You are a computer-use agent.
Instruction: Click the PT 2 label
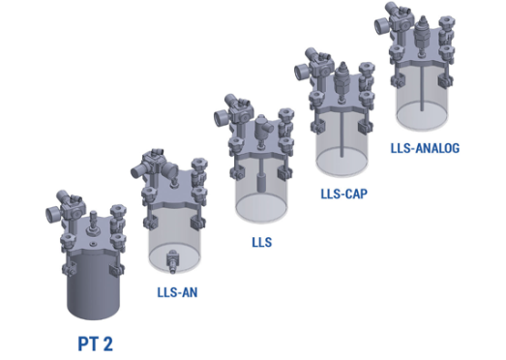point(96,344)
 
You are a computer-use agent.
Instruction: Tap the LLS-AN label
point(177,292)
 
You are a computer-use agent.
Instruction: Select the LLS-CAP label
point(344,195)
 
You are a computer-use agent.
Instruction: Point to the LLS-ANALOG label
point(425,148)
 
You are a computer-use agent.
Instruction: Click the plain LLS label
point(262,242)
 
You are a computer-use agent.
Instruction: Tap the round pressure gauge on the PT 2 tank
point(52,215)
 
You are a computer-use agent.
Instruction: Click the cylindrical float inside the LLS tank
point(261,183)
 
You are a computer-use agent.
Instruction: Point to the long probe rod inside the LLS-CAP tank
point(342,134)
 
